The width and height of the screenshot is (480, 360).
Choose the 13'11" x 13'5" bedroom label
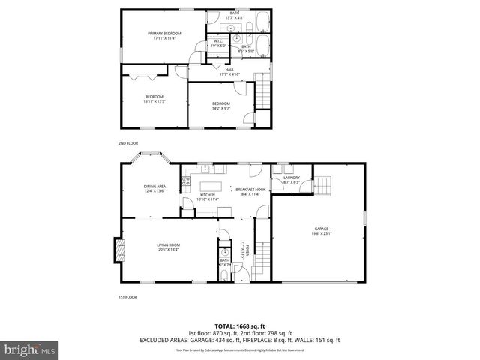coord(154,98)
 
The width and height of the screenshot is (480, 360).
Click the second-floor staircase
coord(263,90)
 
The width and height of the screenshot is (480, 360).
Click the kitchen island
coord(211,186)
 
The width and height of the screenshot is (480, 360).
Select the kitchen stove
coord(185,180)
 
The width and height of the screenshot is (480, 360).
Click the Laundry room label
coord(292,179)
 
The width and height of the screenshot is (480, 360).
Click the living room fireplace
coord(116,249)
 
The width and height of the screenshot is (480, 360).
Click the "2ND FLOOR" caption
coord(128,142)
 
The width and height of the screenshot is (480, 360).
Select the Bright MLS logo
coord(29,349)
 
